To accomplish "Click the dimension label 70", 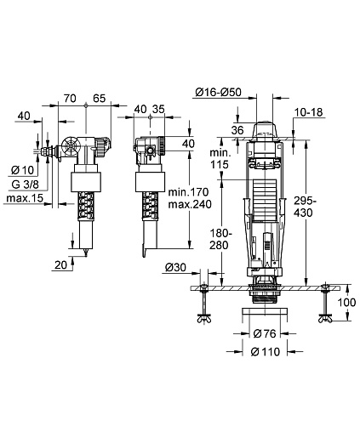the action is click(70, 98).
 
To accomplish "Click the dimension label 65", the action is click(100, 98).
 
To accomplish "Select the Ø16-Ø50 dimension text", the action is click(219, 92).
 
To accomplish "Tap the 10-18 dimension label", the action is click(309, 112).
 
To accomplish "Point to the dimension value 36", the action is click(237, 130).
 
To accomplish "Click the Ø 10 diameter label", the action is click(22, 170).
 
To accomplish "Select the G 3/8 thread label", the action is click(26, 185).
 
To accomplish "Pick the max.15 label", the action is click(25, 198).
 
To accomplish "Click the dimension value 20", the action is click(61, 265).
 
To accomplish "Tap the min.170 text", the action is click(188, 192).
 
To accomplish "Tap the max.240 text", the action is click(190, 204).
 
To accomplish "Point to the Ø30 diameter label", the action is click(175, 267).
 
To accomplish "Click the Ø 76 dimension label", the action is click(265, 333).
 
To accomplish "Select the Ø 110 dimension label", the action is click(266, 351).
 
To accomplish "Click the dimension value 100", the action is click(346, 302).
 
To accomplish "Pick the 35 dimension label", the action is click(158, 109).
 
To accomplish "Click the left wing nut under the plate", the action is click(204, 319).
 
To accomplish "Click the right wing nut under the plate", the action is click(326, 319).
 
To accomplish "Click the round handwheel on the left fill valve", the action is click(70, 146).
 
